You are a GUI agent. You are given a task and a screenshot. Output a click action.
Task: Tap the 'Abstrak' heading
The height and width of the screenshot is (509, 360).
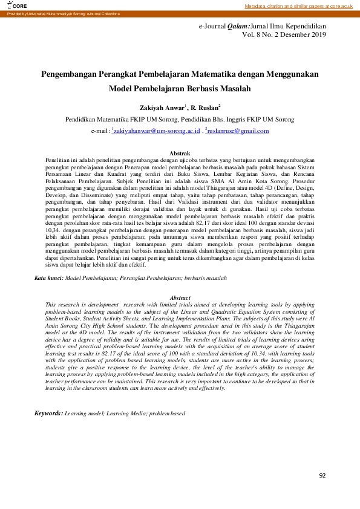tap(180, 154)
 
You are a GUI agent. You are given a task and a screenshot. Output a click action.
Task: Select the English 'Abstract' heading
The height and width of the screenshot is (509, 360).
tap(180, 298)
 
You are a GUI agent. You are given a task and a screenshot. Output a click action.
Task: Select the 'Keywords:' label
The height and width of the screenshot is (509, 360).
tap(48, 397)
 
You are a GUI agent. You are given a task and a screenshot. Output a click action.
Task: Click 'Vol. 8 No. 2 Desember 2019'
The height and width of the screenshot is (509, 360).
tap(283, 36)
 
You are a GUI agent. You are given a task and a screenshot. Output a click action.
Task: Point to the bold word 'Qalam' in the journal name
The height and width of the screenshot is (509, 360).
tap(238, 27)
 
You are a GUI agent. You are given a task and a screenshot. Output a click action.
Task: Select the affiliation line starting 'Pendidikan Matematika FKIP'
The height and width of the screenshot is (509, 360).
tap(180, 120)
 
